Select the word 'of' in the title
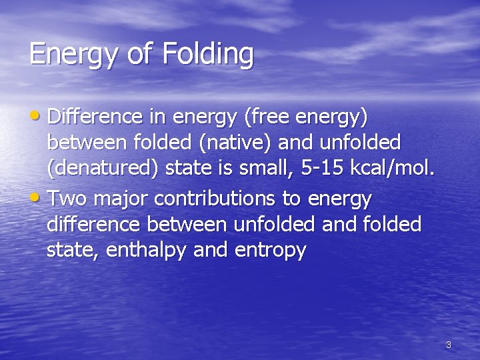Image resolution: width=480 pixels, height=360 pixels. (x=139, y=53)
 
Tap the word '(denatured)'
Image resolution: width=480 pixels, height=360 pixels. (x=103, y=169)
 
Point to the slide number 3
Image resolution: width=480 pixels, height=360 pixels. (x=448, y=345)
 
